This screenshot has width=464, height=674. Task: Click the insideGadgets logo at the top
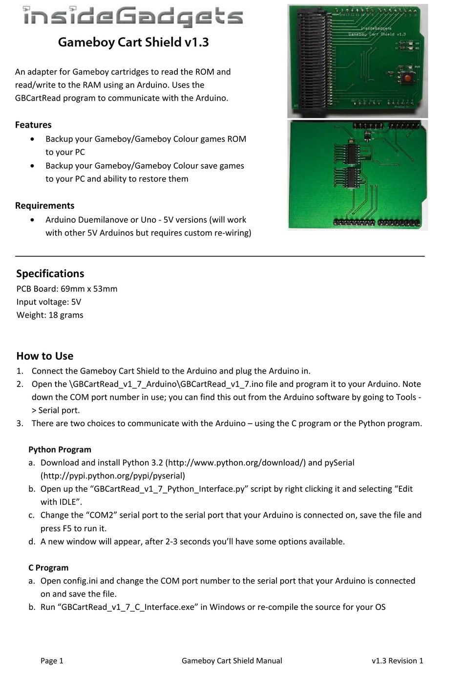pos(133,17)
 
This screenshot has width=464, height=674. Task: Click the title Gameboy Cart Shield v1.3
pos(133,43)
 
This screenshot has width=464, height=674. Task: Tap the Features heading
pos(33,125)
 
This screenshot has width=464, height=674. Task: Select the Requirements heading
pos(45,206)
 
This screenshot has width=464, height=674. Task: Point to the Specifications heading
pos(50,274)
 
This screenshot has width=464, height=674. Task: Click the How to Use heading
pos(45,356)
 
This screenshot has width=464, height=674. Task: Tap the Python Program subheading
pos(60,450)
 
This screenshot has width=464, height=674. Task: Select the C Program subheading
pos(48,568)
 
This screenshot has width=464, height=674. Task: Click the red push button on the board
pos(406,77)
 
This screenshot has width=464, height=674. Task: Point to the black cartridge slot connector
pos(312,61)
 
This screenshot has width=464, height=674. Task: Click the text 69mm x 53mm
pos(89,289)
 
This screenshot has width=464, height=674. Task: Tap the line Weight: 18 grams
pos(50,315)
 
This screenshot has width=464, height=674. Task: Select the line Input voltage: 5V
pos(49,302)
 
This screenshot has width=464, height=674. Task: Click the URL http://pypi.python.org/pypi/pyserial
pos(113,476)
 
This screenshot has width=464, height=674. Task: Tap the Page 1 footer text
pos(52,661)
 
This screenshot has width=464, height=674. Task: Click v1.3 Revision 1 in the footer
pos(397,661)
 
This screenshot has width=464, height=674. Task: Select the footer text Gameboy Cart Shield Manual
pos(232,661)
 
